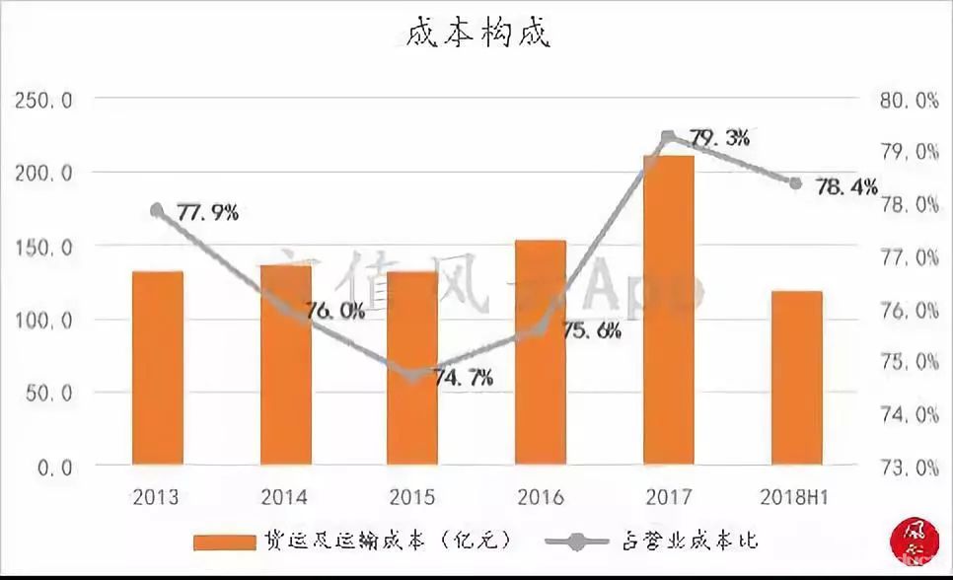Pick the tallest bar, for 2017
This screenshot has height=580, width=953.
point(669,310)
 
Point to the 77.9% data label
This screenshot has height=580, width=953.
point(208,212)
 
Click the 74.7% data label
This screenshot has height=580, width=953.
point(464,377)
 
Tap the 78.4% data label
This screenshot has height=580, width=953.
point(846,185)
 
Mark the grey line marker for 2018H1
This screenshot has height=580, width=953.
point(796,182)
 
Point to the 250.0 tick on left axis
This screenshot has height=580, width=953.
point(40,101)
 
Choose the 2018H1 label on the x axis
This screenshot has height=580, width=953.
point(795,496)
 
